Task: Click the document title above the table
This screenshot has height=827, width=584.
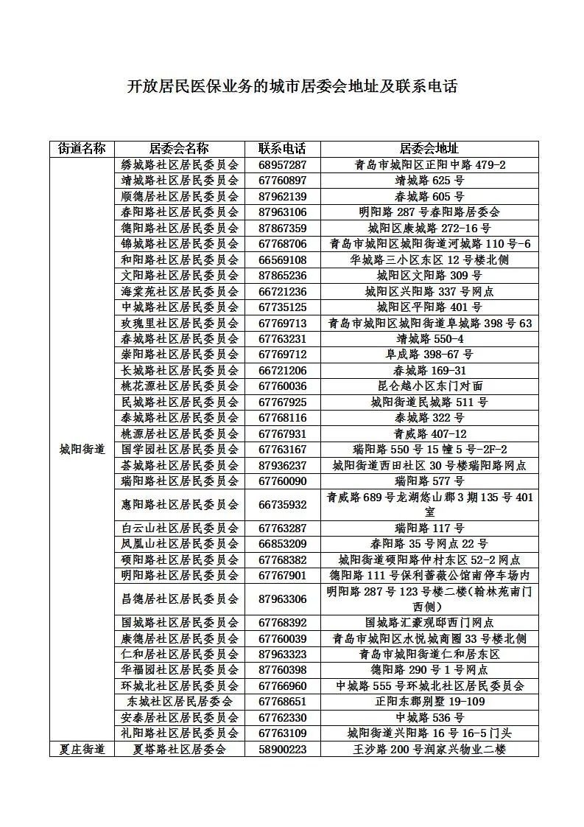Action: pyautogui.click(x=292, y=86)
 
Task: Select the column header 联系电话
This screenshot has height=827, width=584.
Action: pyautogui.click(x=281, y=149)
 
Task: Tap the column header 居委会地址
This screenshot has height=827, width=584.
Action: pyautogui.click(x=429, y=149)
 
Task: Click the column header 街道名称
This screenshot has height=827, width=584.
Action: pyautogui.click(x=82, y=149)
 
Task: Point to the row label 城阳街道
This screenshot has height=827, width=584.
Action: pyautogui.click(x=82, y=450)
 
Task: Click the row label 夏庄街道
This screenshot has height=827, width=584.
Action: pyautogui.click(x=82, y=749)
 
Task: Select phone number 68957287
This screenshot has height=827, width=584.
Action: pyautogui.click(x=281, y=165)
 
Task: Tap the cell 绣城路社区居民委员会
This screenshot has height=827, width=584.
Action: pyautogui.click(x=180, y=165)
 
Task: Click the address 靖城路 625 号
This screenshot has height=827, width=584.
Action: pyautogui.click(x=429, y=181)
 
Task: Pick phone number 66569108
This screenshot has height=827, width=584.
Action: pyautogui.click(x=281, y=259)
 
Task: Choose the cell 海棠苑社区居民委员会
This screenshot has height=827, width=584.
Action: pyautogui.click(x=180, y=291)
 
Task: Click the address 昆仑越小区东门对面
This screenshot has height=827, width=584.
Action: pyautogui.click(x=429, y=386)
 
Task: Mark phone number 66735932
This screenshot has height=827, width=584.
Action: pyautogui.click(x=281, y=505)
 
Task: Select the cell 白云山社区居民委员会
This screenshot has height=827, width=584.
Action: pyautogui.click(x=180, y=528)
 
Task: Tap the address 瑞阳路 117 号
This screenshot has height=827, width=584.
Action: pyautogui.click(x=429, y=528)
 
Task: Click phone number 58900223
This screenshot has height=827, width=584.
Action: pyautogui.click(x=281, y=749)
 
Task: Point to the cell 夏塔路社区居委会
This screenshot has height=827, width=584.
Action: pyautogui.click(x=180, y=749)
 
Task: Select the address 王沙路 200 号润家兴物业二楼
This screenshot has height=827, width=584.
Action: pyautogui.click(x=429, y=749)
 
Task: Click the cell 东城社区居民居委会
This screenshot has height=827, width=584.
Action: pyautogui.click(x=180, y=702)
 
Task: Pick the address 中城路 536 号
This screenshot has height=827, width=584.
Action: pyautogui.click(x=429, y=717)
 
